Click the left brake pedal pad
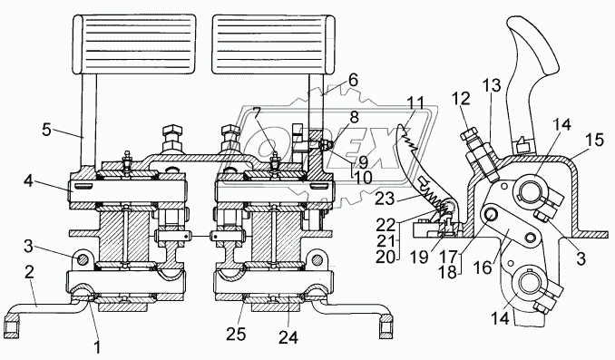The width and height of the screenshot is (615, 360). coord(134,44)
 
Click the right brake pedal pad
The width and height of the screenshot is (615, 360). coord(273,44)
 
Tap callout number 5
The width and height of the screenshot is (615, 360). coord(46,130)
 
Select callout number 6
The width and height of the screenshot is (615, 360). coord(353,81)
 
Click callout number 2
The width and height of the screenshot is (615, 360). coord(29,273)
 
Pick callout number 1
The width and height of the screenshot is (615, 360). coord(98,346)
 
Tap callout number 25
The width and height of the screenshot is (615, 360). coord(236,334)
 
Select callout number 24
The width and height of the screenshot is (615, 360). coord(288,336)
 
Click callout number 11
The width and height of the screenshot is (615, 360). coord(415,103)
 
